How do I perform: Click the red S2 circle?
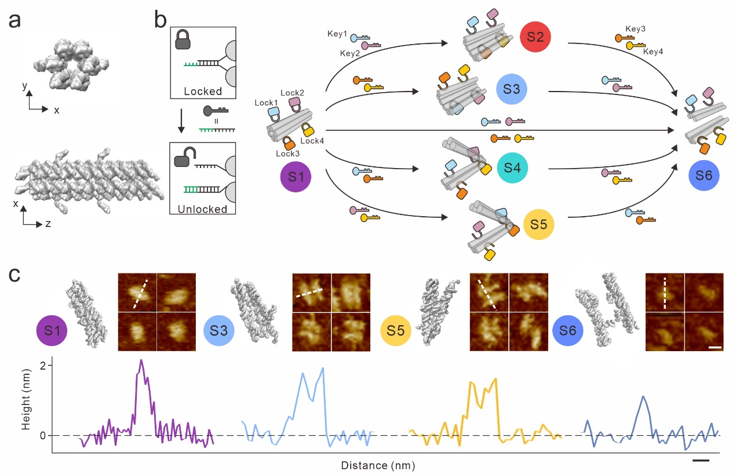tap(535, 38)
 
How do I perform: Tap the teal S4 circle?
tap(512, 169)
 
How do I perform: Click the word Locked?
tap(203, 92)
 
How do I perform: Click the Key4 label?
tap(653, 52)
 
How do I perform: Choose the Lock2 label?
tap(292, 93)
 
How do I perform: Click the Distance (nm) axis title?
tap(378, 465)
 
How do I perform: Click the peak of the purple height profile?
tap(141, 360)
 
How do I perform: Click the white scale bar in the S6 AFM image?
tap(715, 348)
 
